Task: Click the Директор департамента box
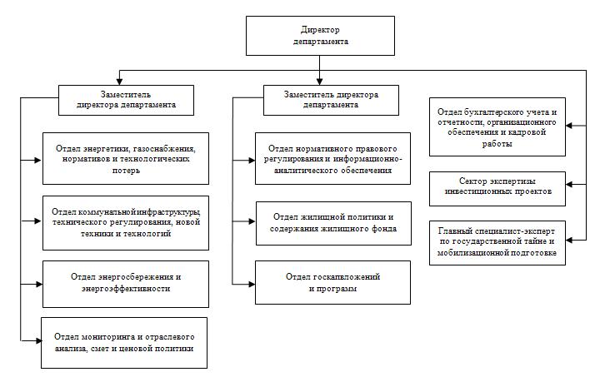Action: tap(320, 36)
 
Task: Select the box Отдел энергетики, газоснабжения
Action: tap(126, 158)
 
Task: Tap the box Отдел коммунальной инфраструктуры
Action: tap(126, 223)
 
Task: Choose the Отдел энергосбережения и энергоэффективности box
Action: tap(126, 284)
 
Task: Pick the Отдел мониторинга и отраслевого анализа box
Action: tap(124, 343)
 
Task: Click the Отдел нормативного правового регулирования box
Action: tap(332, 158)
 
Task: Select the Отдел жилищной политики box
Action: tap(333, 223)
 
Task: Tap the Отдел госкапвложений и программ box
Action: tap(332, 283)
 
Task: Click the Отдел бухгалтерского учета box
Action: tap(497, 126)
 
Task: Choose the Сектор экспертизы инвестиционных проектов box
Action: tap(497, 189)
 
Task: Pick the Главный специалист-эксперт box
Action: tap(497, 242)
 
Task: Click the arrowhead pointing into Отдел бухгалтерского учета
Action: tap(569, 126)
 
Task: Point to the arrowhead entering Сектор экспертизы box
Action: tap(569, 184)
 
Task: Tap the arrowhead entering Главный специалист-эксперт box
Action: tap(569, 240)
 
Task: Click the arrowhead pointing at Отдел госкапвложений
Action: tap(252, 284)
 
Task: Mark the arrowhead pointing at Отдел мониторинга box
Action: tap(38, 340)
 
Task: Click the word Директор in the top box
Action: tap(320, 30)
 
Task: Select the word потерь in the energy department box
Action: tap(126, 171)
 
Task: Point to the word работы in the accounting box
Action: tap(497, 144)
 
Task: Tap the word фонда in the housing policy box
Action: tap(384, 228)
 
